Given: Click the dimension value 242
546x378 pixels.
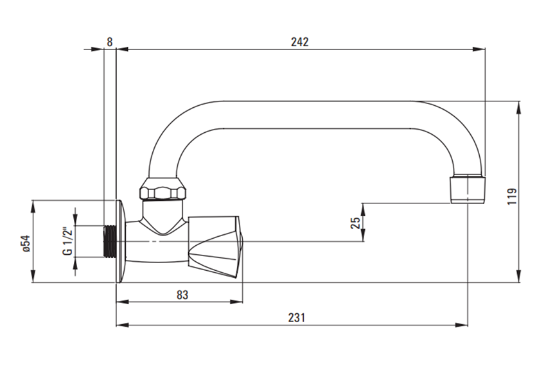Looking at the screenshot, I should tap(299, 42).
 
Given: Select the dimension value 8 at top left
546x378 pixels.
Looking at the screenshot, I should tap(110, 42).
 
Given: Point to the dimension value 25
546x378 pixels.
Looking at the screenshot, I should tap(355, 223).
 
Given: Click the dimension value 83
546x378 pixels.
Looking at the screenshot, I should tap(182, 295).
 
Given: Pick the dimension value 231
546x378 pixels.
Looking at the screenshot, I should tap(295, 318).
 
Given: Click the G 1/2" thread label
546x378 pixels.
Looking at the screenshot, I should tap(66, 241).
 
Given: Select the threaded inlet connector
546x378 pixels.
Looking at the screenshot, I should tap(110, 241).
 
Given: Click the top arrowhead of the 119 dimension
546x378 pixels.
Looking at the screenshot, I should tap(520, 106).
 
